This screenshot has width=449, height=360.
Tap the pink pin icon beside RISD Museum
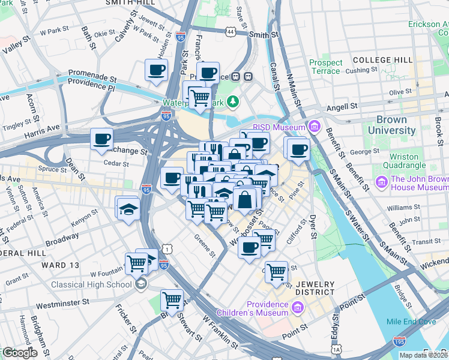314,127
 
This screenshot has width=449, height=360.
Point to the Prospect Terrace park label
326,67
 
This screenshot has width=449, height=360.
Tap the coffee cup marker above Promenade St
157,70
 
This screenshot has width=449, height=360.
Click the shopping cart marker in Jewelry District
277,272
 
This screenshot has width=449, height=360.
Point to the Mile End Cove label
411,322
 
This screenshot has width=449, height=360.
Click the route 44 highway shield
230,31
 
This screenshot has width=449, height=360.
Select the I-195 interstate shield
400,341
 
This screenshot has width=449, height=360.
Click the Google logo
20,353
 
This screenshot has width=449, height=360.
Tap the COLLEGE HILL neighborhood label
382,60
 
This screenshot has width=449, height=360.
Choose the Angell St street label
342,107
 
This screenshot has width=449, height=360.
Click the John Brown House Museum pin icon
381,181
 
